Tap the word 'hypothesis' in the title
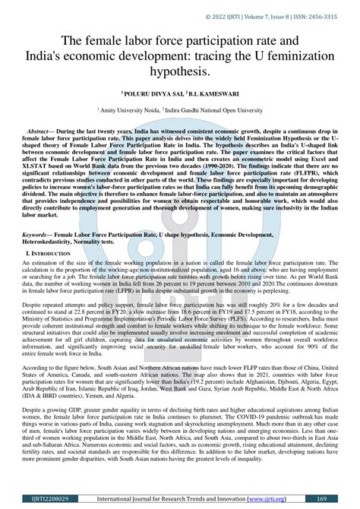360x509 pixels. point(180,71)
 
